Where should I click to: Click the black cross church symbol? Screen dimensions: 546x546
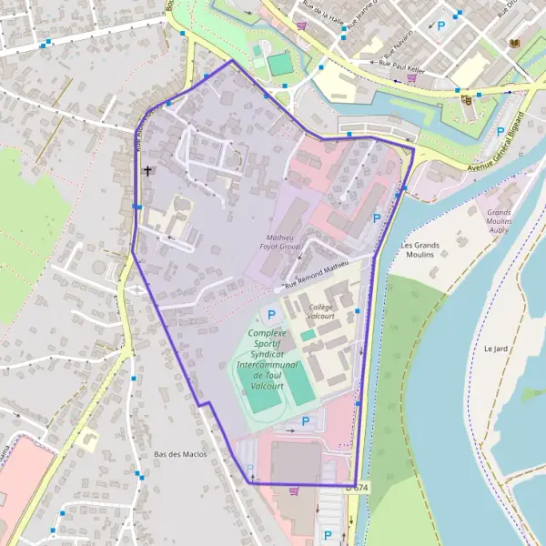[147, 170]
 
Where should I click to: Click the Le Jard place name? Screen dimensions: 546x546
[495, 348]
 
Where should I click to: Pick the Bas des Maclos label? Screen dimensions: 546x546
[180, 454]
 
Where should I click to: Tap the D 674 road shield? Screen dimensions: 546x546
[358, 488]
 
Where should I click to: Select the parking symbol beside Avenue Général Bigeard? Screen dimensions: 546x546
[500, 131]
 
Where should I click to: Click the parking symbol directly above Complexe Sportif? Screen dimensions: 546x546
[269, 316]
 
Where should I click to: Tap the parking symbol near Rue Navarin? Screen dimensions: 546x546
[441, 27]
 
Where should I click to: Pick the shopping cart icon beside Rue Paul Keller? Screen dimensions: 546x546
[412, 78]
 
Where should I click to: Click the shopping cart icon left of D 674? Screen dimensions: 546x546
[293, 491]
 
